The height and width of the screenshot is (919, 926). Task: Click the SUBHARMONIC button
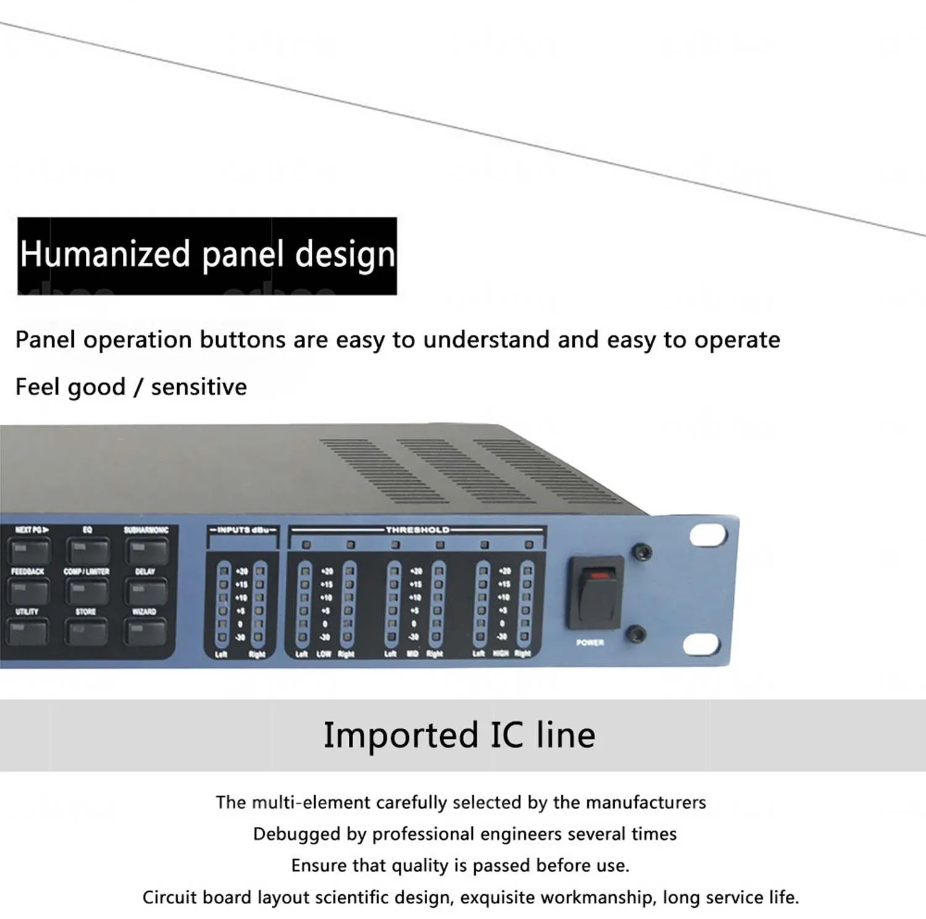coord(147,550)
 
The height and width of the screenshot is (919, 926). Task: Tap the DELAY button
coord(147,591)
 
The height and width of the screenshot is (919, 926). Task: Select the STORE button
coord(87,632)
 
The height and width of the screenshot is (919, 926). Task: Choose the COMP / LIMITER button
coord(88,591)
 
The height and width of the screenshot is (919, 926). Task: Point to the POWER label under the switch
coord(590,643)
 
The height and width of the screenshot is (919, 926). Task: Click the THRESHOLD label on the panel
coord(417,530)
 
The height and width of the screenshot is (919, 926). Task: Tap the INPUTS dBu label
coord(243,530)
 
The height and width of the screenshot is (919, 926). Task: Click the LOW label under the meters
coord(323,653)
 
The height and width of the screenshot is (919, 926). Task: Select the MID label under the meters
coord(412,653)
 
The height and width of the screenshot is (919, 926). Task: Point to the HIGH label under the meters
coord(501,653)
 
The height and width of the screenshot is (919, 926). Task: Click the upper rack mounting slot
coord(707,535)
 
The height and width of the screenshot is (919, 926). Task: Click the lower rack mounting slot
coord(701,644)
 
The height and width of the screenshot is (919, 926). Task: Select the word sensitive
coord(199,387)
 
